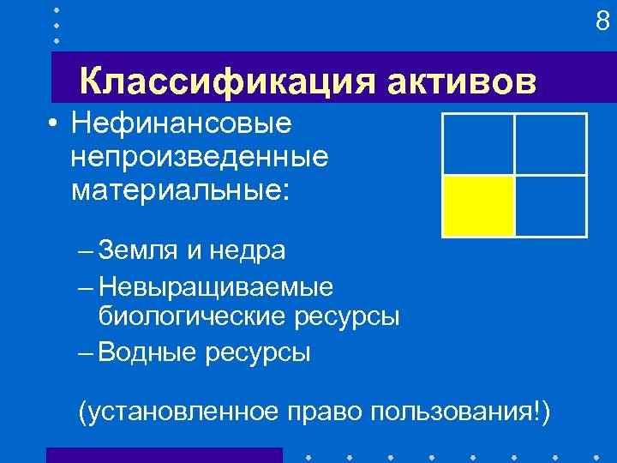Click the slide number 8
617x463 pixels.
click(x=602, y=21)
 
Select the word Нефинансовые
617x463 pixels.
click(x=182, y=124)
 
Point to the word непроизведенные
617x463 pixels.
click(x=200, y=157)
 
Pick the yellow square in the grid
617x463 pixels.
click(x=478, y=206)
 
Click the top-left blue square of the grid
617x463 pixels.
click(x=478, y=144)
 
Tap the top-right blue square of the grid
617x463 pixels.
click(x=550, y=144)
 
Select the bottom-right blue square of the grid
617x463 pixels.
click(x=550, y=206)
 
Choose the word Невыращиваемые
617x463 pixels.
click(x=216, y=286)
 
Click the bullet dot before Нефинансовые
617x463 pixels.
click(x=54, y=125)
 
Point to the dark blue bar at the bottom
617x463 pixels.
click(x=164, y=455)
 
